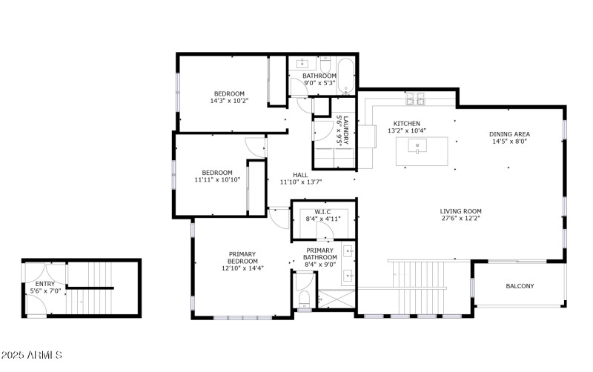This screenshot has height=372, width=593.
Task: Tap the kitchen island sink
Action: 418,148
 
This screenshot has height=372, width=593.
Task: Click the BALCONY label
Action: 520,286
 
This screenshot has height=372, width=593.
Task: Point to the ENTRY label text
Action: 44,283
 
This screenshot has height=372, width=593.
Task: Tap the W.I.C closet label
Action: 322,210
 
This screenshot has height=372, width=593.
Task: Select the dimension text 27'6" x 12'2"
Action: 460,219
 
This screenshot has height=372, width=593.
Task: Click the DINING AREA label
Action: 508,134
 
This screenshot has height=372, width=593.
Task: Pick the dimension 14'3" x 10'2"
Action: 229,101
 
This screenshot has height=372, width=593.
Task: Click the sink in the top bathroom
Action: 302,64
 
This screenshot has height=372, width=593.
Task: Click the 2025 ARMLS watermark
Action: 31,356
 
